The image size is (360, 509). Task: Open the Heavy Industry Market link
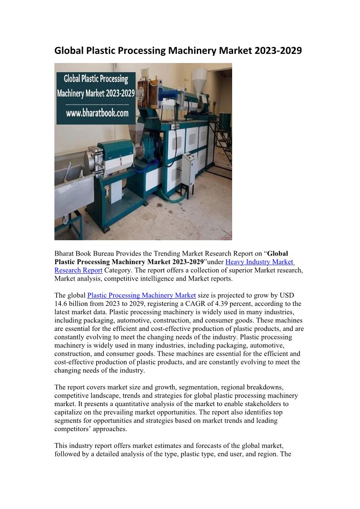click(x=259, y=262)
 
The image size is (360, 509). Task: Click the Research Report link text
click(x=78, y=270)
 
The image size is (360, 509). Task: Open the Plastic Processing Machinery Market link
click(x=141, y=296)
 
